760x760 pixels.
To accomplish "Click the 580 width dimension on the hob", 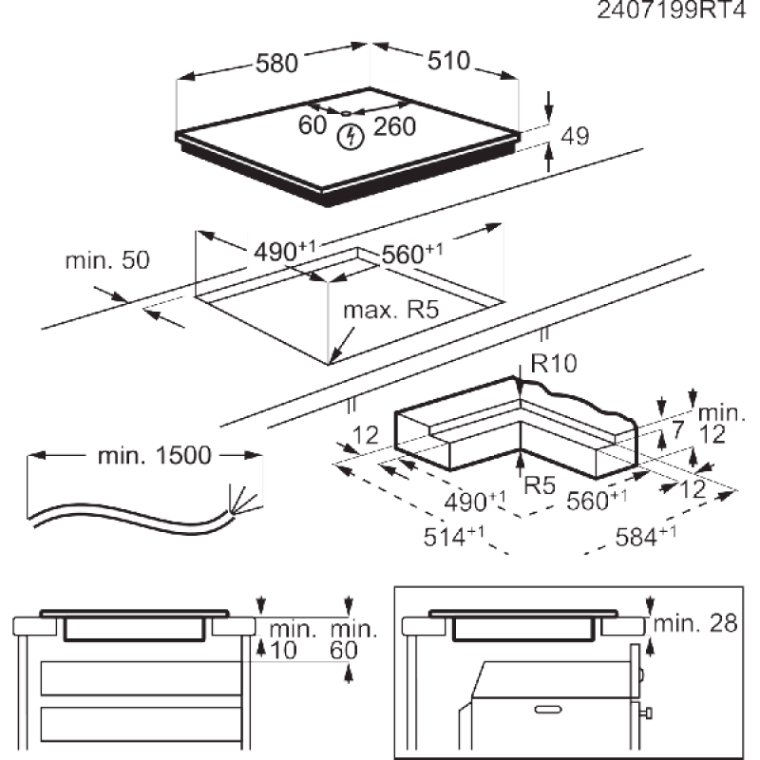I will (x=277, y=64).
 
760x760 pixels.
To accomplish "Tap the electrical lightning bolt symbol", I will (x=351, y=136).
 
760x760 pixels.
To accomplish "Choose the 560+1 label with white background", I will (x=411, y=253).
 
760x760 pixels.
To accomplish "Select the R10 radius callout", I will (x=555, y=362).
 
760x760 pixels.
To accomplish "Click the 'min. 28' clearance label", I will (x=699, y=623).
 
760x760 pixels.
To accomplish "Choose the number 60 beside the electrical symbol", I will (x=313, y=125).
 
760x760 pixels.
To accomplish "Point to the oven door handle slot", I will (x=550, y=708).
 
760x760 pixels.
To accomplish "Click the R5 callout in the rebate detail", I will (x=540, y=485).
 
